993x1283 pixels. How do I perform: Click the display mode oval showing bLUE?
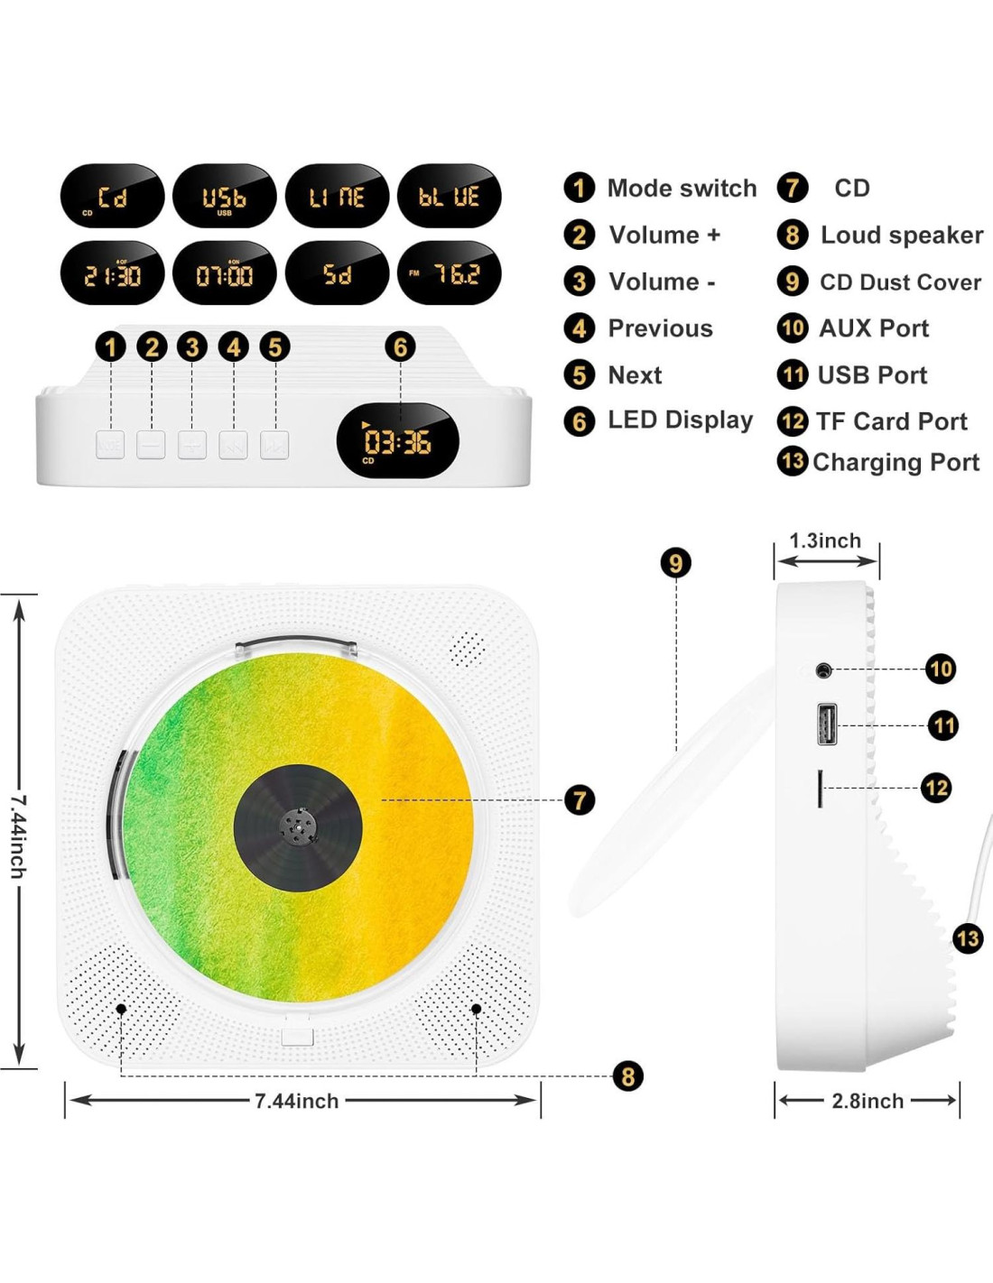pyautogui.click(x=449, y=196)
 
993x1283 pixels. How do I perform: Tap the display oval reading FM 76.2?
pyautogui.click(x=449, y=272)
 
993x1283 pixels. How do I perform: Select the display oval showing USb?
pyautogui.click(x=225, y=196)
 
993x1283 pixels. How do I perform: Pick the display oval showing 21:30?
pyautogui.click(x=112, y=272)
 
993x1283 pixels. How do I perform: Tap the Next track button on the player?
pyautogui.click(x=274, y=445)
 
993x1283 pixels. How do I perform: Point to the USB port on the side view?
pyautogui.click(x=827, y=725)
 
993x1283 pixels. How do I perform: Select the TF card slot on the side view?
pyautogui.click(x=820, y=789)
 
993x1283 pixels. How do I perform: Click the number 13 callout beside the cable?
pyautogui.click(x=969, y=938)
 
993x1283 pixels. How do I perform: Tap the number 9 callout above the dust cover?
pyautogui.click(x=676, y=563)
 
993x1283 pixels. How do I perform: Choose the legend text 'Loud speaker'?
pyautogui.click(x=902, y=235)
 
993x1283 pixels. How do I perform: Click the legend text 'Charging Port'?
pyautogui.click(x=896, y=462)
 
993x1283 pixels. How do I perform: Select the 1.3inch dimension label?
pyautogui.click(x=825, y=540)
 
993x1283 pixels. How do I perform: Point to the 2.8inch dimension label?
pyautogui.click(x=868, y=1101)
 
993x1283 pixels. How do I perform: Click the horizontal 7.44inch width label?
pyautogui.click(x=297, y=1101)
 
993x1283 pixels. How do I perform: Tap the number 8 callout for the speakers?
pyautogui.click(x=628, y=1076)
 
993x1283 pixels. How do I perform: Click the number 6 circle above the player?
pyautogui.click(x=401, y=346)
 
